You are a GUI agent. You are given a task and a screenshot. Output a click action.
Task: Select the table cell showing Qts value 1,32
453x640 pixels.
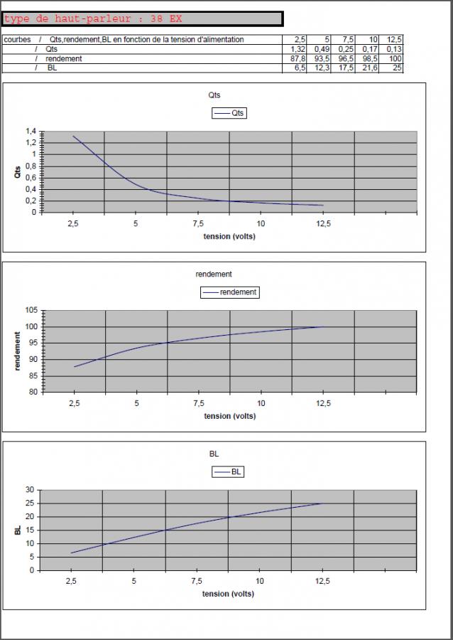298,49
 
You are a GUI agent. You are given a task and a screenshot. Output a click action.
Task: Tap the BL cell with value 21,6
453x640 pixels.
369,68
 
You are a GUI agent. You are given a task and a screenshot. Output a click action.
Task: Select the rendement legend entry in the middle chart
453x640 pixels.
229,292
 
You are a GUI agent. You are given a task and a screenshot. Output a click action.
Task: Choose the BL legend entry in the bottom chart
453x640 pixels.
229,471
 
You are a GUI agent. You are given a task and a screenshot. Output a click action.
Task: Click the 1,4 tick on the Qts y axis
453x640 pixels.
31,132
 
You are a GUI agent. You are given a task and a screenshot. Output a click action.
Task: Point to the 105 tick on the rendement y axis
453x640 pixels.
31,310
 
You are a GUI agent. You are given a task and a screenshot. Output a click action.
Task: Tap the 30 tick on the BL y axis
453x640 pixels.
30,490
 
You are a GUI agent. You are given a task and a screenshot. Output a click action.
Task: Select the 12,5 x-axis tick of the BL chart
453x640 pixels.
322,582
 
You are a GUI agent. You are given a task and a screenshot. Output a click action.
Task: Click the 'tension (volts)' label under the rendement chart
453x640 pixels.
229,416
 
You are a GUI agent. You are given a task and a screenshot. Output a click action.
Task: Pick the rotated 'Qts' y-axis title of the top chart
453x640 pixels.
18,171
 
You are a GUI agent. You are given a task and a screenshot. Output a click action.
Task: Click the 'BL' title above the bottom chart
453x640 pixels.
214,453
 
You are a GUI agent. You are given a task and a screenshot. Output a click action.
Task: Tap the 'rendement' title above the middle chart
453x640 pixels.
214,274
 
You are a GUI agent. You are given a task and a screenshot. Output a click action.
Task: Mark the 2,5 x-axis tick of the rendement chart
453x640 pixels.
74,403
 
